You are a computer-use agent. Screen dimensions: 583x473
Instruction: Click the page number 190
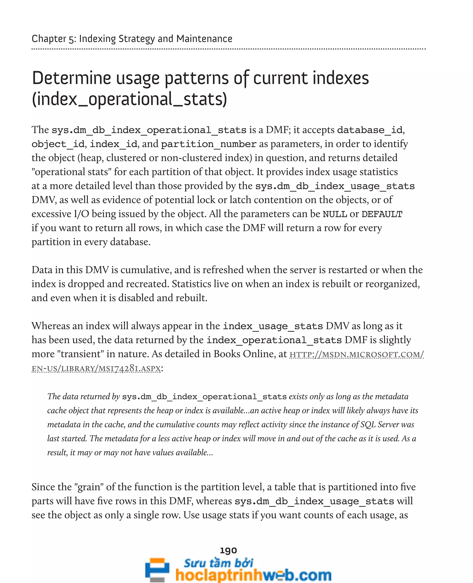[x=228, y=550]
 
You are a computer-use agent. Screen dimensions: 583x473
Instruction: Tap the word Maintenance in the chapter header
[x=204, y=39]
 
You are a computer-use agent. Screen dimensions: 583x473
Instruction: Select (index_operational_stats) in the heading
[x=129, y=99]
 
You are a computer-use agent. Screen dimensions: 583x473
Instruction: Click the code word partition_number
[x=209, y=144]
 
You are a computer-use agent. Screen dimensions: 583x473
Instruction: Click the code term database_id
[x=370, y=130]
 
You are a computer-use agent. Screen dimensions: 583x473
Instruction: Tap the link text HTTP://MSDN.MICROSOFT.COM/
[x=356, y=354]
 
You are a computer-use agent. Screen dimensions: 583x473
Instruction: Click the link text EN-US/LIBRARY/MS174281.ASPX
[x=96, y=368]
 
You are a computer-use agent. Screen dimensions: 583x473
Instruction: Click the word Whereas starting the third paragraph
[x=50, y=326]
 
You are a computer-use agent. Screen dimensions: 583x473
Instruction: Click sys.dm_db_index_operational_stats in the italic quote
[x=204, y=397]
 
